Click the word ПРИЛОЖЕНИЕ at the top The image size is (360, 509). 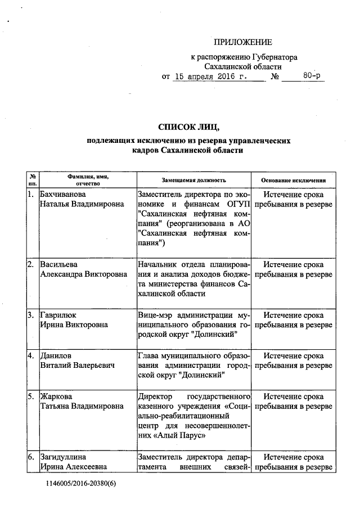point(242,42)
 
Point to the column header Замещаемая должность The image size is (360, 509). point(193,180)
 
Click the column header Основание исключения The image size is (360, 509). point(293,180)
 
